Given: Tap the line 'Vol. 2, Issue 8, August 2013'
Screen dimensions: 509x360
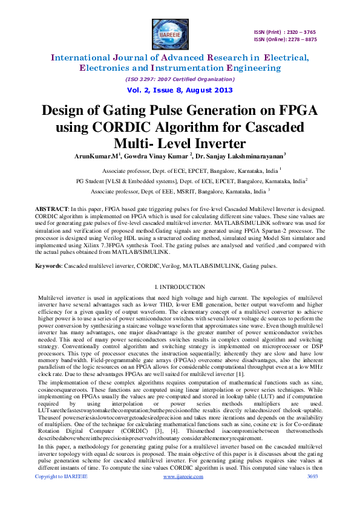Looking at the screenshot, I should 180,90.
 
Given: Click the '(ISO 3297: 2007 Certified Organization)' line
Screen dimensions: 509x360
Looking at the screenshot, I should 180,79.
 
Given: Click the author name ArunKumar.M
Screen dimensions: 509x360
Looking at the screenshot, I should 96,155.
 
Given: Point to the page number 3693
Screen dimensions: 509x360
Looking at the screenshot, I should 313,494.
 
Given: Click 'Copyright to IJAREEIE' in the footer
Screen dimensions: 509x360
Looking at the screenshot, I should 61,494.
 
